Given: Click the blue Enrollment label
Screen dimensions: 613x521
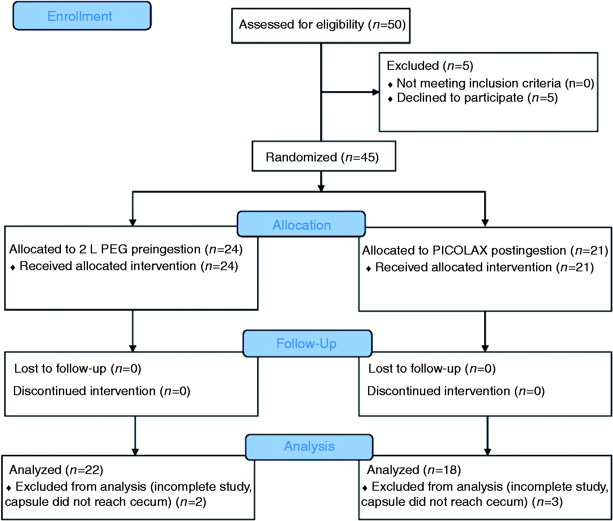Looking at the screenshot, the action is [82, 16].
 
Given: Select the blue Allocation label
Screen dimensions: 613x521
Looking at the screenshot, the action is [301, 224].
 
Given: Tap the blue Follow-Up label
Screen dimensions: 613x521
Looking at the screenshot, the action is [307, 343].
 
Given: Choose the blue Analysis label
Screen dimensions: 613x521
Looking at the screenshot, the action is [309, 447].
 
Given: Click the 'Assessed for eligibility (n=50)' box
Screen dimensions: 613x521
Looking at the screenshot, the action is [321, 26].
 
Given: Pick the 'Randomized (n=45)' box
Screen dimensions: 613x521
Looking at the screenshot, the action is [324, 156].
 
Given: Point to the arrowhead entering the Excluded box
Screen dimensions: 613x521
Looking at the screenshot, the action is [376, 92].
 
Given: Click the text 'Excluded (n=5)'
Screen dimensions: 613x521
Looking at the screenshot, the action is [430, 66].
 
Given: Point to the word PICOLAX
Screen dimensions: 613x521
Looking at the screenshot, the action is [460, 250].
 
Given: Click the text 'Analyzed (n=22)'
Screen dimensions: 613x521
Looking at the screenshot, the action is [56, 470].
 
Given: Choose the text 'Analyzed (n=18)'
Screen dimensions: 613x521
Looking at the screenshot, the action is [414, 470].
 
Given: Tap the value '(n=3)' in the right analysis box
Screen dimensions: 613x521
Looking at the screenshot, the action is [547, 502].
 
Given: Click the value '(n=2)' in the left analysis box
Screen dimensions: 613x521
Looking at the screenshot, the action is [191, 502].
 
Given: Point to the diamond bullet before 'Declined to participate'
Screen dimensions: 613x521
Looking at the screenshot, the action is [390, 99].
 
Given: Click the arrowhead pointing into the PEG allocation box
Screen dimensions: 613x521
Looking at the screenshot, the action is [132, 223].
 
